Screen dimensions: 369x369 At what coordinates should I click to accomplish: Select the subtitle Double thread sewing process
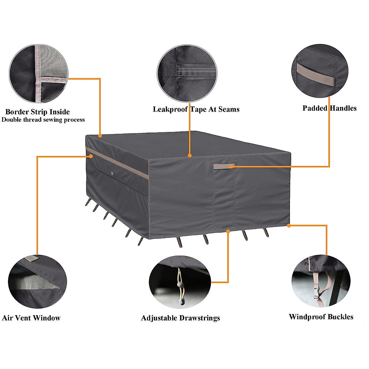(x=43, y=120)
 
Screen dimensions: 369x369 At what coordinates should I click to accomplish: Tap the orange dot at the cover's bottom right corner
(x=289, y=226)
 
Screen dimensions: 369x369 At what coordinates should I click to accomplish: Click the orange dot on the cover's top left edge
(x=100, y=135)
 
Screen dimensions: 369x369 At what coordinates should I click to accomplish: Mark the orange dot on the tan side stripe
(x=91, y=156)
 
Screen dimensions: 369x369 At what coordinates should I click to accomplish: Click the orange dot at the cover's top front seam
(x=189, y=156)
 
